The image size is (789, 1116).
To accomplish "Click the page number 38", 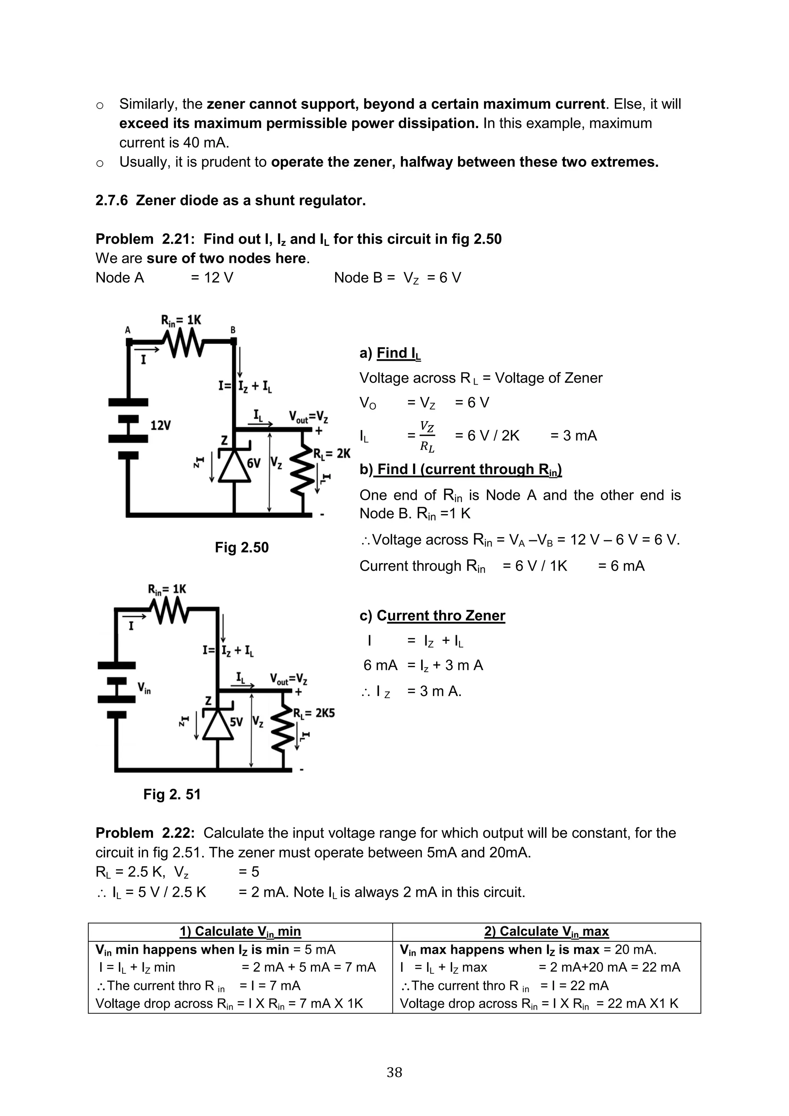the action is coord(394,1072).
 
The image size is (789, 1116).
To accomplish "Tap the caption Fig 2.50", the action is coord(242,547).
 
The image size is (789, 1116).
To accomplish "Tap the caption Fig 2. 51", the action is coord(171,794).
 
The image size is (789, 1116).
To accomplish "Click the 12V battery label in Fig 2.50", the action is coord(160,425).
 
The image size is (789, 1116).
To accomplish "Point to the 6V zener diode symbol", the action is coord(234,465).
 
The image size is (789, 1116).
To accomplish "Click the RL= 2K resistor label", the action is coord(331,454).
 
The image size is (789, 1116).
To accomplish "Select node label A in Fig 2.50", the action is coord(128,330).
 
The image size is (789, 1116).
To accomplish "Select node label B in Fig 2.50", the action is coord(233,330).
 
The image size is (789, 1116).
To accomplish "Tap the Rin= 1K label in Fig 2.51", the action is coord(167,589).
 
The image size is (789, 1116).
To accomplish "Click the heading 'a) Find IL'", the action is coord(390,353).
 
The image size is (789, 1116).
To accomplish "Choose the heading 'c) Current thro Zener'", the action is coord(432,615).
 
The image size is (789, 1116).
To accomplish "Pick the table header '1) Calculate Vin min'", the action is coord(240,931).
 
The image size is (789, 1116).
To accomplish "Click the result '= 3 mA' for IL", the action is coord(573,435).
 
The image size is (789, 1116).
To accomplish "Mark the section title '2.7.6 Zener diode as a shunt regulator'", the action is coord(230,200).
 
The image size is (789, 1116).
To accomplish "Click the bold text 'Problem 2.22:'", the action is coord(145,833).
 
